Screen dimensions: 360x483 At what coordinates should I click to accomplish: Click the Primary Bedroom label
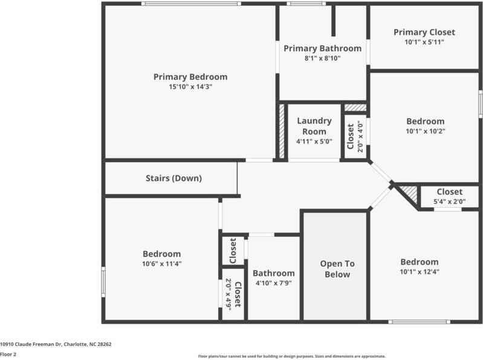190,77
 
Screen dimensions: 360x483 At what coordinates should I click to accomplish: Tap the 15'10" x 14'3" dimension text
190,87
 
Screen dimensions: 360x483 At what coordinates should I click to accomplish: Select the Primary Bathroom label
322,48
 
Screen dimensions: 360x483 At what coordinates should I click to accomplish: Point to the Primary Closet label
424,32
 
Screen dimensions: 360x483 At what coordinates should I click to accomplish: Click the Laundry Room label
314,126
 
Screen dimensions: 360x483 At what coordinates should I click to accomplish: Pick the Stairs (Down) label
173,178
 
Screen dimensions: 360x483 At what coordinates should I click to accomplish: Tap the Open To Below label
337,269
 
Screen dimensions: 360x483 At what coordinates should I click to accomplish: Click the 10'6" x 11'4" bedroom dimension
161,264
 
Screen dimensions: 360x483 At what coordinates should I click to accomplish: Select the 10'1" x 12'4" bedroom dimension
419,272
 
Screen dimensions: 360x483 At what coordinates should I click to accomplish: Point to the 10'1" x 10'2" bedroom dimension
425,131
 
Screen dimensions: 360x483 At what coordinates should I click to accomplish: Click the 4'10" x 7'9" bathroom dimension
273,283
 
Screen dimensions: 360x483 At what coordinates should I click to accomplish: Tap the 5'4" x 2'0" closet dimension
449,202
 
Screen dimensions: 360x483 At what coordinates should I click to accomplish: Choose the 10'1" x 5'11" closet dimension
424,42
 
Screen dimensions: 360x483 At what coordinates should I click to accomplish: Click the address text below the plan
56,344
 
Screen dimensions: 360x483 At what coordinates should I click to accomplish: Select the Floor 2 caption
8,354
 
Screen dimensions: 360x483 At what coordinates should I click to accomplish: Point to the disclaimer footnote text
292,356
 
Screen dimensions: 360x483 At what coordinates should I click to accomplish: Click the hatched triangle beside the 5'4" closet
410,193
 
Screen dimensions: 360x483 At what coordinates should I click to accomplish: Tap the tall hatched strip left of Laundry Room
282,132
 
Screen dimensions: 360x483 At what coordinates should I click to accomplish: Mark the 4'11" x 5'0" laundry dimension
314,141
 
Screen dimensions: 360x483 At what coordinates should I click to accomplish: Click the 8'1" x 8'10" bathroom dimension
322,59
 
